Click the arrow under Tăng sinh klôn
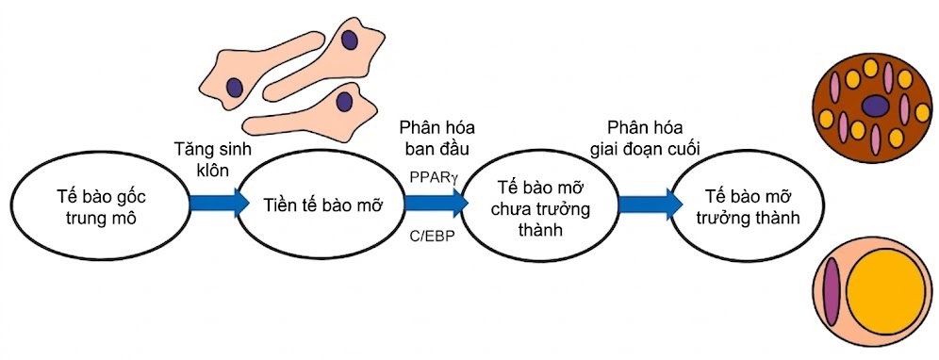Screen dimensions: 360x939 coord(218,203)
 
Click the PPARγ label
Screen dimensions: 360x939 coord(435,176)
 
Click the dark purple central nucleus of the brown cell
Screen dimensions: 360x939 coord(875,106)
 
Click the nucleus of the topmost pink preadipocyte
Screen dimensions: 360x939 coord(350,41)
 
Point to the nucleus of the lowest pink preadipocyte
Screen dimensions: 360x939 coord(344,100)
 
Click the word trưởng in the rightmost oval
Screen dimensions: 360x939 coord(732,218)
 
